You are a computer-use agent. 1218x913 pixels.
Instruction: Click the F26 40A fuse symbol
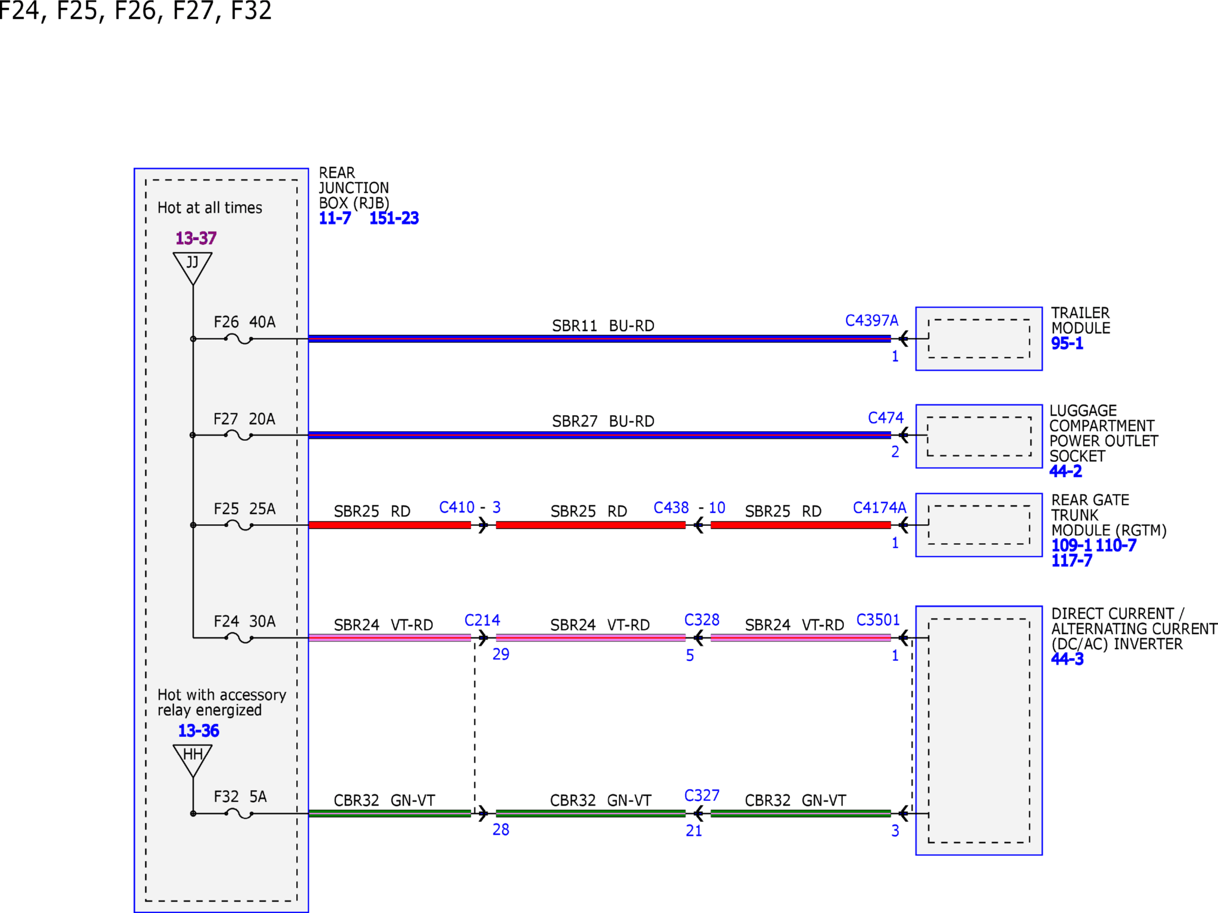[238, 339]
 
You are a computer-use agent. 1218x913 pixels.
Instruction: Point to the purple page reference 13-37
[196, 238]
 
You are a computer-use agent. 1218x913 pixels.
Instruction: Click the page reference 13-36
[198, 731]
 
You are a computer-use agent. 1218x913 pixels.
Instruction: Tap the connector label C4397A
[871, 320]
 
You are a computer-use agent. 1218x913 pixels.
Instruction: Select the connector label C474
[886, 418]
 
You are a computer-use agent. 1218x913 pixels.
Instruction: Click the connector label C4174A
[879, 508]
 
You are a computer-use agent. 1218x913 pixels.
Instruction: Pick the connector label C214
[482, 620]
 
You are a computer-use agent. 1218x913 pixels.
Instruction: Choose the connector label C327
[702, 795]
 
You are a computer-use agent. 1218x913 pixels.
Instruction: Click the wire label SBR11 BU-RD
[603, 326]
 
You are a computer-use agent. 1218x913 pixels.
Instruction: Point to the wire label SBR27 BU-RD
[603, 421]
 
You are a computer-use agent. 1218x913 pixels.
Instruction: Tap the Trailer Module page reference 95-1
[1067, 344]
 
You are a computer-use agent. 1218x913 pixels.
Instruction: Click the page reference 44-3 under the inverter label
[1067, 659]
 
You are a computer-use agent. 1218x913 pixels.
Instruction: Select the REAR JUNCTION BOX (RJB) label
[354, 188]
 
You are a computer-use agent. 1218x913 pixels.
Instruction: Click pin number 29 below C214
[501, 654]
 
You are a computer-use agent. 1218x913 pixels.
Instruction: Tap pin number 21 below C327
[694, 831]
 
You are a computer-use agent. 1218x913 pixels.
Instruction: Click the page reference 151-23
[394, 218]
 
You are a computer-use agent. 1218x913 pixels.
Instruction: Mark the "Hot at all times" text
[209, 208]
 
